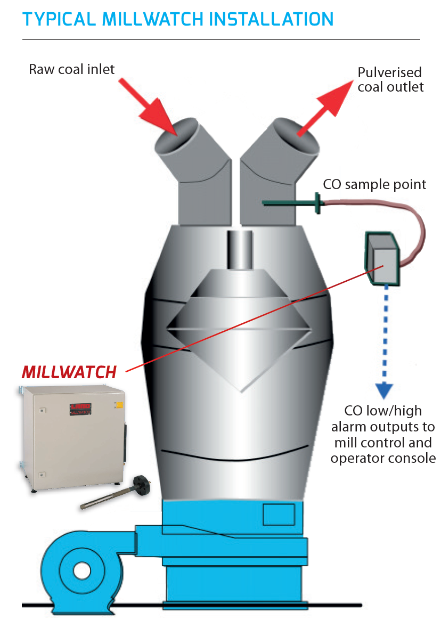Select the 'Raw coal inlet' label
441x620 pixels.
pos(72,69)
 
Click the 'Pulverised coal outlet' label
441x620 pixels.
pos(390,79)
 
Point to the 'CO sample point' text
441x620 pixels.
pos(374,184)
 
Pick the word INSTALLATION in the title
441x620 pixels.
pos(272,20)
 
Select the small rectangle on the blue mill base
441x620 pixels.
pos(279,515)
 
